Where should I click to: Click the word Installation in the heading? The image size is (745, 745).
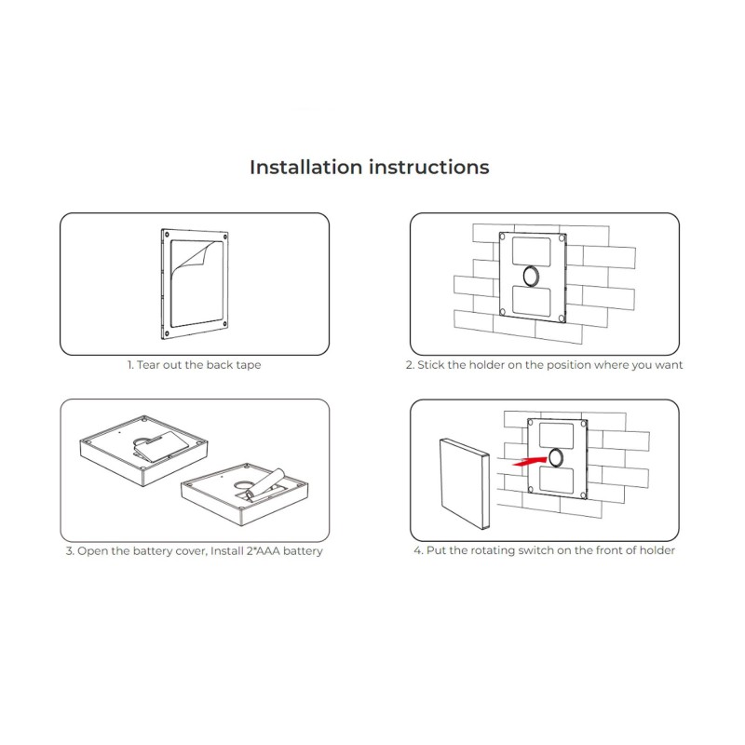[x=306, y=168]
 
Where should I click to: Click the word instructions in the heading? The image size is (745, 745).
[x=429, y=168]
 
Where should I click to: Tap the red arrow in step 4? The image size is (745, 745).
[x=530, y=461]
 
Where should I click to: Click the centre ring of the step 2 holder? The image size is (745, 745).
[x=531, y=276]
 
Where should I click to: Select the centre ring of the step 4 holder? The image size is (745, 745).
[x=556, y=457]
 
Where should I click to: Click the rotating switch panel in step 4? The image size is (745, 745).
[x=464, y=484]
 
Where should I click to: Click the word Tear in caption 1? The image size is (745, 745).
[x=148, y=365]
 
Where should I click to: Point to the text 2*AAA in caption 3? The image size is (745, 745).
[x=263, y=551]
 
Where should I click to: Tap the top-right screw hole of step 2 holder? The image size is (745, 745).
[x=562, y=237]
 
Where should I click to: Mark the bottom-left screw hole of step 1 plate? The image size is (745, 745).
[x=167, y=333]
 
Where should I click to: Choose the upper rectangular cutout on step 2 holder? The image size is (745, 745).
[x=531, y=251]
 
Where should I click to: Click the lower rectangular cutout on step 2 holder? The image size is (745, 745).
[x=532, y=301]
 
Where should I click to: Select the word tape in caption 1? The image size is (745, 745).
[x=249, y=365]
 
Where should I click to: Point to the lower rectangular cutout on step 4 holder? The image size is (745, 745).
[x=556, y=480]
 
